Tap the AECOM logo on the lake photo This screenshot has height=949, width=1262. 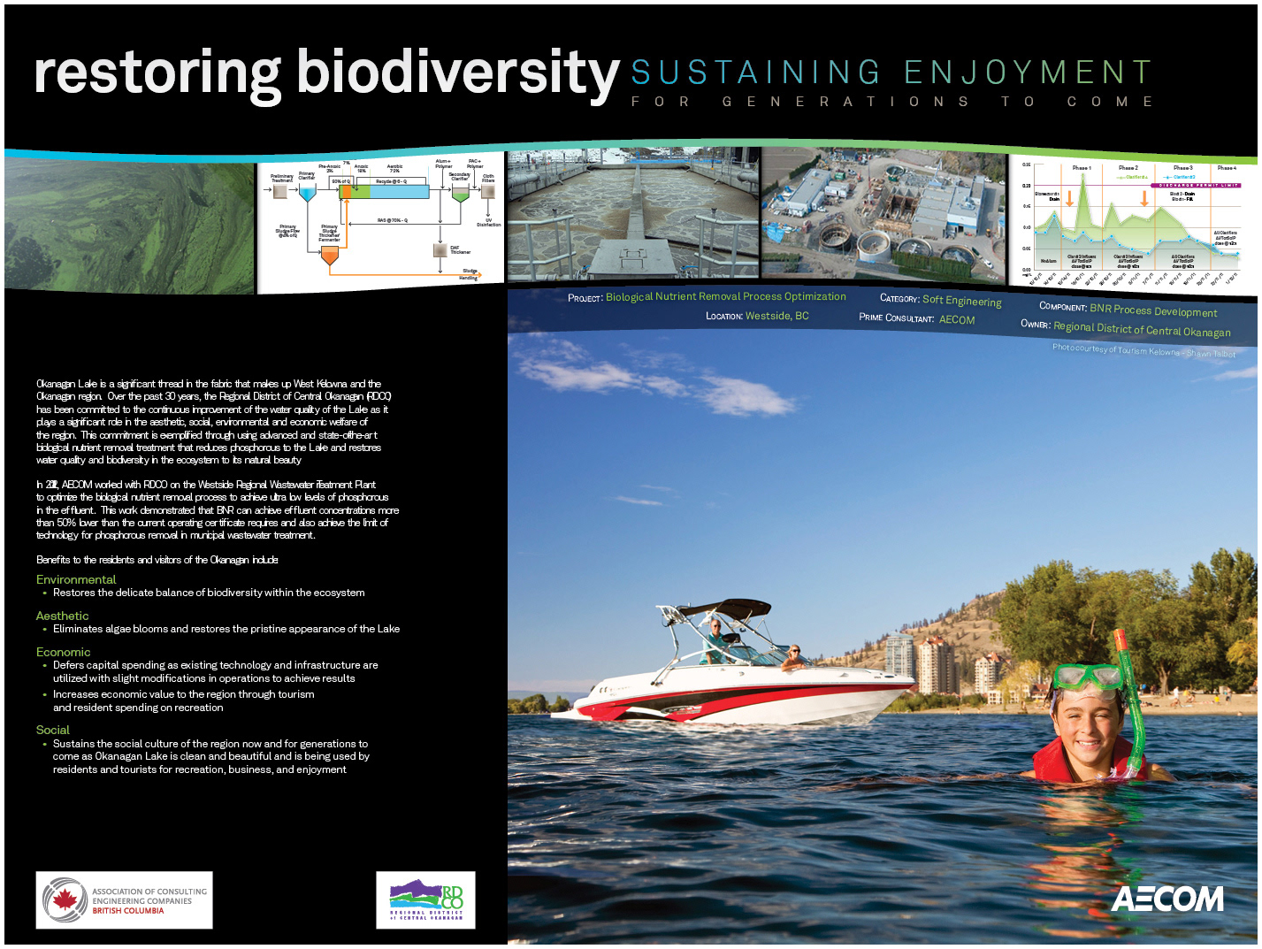pyautogui.click(x=1167, y=899)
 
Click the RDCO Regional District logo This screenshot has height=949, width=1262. pyautogui.click(x=426, y=900)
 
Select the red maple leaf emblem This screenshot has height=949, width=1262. pyautogui.click(x=64, y=900)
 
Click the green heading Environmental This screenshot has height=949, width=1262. pyautogui.click(x=76, y=579)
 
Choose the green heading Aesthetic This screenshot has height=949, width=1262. pyautogui.click(x=62, y=616)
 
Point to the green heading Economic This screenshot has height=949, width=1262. pyautogui.click(x=63, y=652)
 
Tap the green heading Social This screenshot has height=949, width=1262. pyautogui.click(x=52, y=730)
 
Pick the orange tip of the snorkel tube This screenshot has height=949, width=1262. pyautogui.click(x=1121, y=638)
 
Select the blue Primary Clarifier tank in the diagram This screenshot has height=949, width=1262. pyautogui.click(x=307, y=192)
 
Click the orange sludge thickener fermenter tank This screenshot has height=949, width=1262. pyautogui.click(x=330, y=256)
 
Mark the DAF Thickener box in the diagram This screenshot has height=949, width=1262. pyautogui.click(x=440, y=250)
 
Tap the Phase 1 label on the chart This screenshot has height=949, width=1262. pyautogui.click(x=1081, y=167)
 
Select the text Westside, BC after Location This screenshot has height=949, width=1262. pyautogui.click(x=776, y=316)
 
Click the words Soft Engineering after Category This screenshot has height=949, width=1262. pyautogui.click(x=961, y=301)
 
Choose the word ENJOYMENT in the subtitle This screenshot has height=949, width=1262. pyautogui.click(x=1029, y=73)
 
